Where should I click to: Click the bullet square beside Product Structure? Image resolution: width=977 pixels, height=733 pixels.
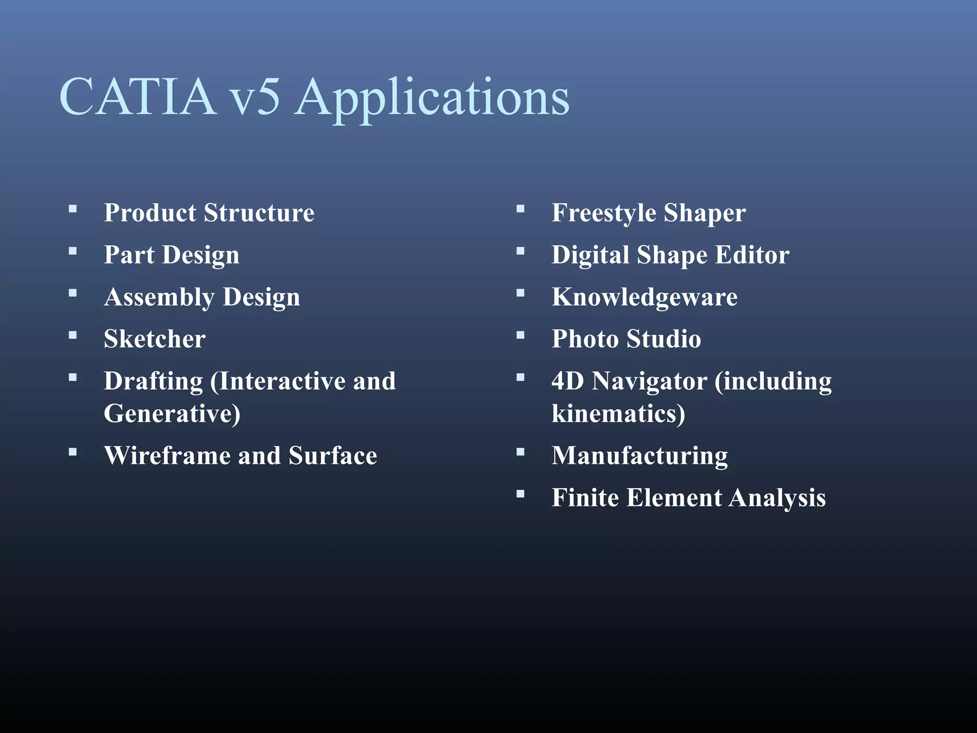pyautogui.click(x=73, y=209)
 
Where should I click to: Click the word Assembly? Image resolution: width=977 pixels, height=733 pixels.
pyautogui.click(x=159, y=298)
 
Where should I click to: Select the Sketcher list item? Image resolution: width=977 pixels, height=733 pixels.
pyautogui.click(x=155, y=339)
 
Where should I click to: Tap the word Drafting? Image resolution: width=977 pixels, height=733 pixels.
pyautogui.click(x=153, y=382)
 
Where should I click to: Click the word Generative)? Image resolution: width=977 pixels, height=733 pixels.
pyautogui.click(x=172, y=414)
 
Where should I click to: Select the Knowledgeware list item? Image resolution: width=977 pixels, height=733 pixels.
pyautogui.click(x=644, y=297)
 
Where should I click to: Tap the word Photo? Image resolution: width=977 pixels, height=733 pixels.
pyautogui.click(x=585, y=339)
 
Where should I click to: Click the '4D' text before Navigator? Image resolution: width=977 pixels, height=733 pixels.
pyautogui.click(x=568, y=381)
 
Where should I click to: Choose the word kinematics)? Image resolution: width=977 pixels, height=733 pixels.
pyautogui.click(x=618, y=414)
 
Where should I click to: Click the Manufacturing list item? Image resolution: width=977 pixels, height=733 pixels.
pyautogui.click(x=640, y=456)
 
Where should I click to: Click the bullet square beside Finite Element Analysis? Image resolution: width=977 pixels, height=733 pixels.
pyautogui.click(x=520, y=494)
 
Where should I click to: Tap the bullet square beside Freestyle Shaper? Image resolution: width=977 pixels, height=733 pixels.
pyautogui.click(x=520, y=209)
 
